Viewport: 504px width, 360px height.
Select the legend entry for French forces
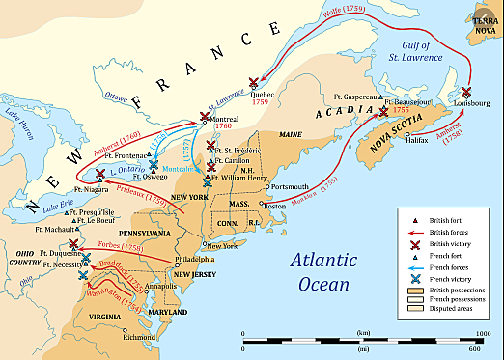pyautogui.click(x=440, y=274)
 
